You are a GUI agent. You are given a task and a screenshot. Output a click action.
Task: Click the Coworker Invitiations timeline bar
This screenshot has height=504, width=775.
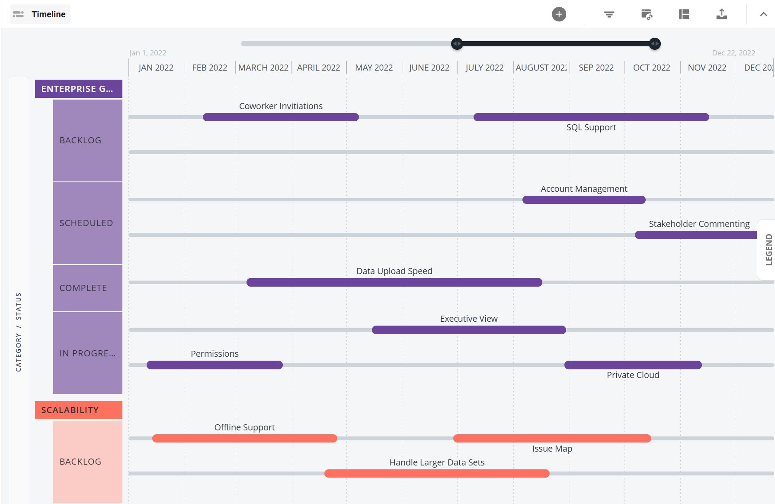(x=281, y=117)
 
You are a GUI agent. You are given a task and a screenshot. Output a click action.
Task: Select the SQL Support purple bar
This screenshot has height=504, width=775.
(x=591, y=117)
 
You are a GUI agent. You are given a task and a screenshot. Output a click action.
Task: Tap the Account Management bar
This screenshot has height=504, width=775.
(x=583, y=200)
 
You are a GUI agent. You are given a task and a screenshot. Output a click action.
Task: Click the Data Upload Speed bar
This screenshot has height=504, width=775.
(x=394, y=282)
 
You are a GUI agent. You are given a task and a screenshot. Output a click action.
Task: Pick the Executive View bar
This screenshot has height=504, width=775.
(x=468, y=330)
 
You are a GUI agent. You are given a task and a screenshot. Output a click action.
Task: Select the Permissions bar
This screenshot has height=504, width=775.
(x=215, y=365)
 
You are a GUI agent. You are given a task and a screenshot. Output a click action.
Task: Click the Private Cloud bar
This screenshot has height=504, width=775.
(x=633, y=365)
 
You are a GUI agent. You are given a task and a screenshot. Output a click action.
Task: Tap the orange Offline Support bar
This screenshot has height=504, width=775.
(x=244, y=438)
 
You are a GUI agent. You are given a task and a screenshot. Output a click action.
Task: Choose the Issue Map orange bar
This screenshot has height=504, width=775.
(x=552, y=438)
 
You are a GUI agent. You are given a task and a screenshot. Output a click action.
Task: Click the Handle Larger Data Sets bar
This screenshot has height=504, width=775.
(x=437, y=473)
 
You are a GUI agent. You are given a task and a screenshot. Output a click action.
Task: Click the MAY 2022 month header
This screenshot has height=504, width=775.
(x=374, y=68)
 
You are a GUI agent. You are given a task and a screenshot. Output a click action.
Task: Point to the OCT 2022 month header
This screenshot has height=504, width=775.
(x=651, y=68)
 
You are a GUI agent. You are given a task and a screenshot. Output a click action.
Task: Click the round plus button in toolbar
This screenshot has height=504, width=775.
(x=559, y=14)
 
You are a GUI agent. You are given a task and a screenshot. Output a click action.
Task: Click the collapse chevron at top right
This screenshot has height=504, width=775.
(x=763, y=14)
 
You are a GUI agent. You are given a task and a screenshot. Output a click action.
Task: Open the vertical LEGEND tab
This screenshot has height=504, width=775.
(x=768, y=249)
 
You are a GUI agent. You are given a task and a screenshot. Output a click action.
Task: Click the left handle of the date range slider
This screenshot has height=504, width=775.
(x=457, y=44)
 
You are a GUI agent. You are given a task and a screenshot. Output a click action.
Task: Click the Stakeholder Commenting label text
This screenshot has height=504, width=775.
(x=699, y=224)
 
